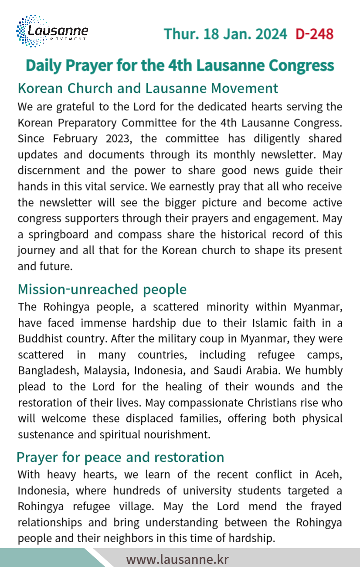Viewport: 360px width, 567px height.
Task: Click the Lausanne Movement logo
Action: point(52,31)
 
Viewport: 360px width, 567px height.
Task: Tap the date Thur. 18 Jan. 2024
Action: point(225,34)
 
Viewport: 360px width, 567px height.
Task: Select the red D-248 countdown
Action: point(314,34)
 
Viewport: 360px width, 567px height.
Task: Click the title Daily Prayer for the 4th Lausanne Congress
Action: point(180,65)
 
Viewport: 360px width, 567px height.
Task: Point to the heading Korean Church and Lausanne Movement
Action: point(148,88)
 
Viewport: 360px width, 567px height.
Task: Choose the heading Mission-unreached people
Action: point(102,289)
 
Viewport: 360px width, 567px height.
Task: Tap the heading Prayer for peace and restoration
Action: point(120,457)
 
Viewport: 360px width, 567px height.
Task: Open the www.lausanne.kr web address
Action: point(177,559)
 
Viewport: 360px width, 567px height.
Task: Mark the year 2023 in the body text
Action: point(120,139)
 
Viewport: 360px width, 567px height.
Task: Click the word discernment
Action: point(48,171)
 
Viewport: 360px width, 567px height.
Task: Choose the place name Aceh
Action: point(327,475)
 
